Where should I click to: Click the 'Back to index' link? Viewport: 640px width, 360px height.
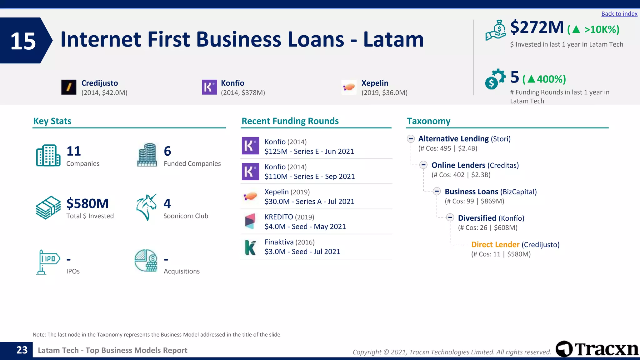coord(619,14)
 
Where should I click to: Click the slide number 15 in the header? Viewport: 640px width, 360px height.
coord(23,41)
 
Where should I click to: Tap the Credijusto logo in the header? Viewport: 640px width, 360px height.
coord(69,87)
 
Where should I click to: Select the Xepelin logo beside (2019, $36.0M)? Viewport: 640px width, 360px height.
coord(349,87)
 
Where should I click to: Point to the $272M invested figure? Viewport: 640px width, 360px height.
coord(537,27)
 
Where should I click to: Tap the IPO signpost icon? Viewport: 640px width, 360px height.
coord(47,262)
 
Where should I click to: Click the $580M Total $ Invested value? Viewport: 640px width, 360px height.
coord(87,204)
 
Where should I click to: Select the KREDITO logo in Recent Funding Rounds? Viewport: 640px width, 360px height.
coord(250,221)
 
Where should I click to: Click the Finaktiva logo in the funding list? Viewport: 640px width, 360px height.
coord(250,247)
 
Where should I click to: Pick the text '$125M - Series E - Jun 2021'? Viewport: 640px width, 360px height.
coord(309,152)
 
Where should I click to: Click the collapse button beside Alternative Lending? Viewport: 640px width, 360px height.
coord(411,139)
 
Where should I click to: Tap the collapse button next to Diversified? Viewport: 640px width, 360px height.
coord(450,217)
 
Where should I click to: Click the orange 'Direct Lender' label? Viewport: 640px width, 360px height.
coord(495,245)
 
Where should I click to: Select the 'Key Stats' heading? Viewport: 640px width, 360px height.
coord(52,121)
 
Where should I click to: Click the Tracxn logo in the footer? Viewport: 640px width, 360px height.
coord(597,349)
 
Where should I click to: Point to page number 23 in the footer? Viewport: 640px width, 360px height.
coord(22,350)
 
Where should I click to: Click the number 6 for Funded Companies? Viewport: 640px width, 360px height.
coord(167,151)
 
